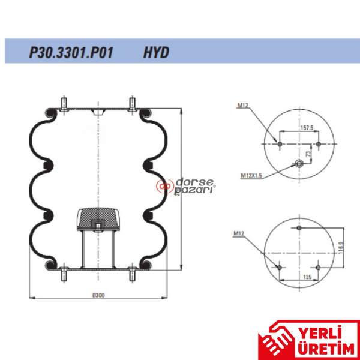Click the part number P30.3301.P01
tap(71, 52)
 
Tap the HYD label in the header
tap(156, 52)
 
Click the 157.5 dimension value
tap(308, 128)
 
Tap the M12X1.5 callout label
tap(252, 175)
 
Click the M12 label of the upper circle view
tap(242, 106)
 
